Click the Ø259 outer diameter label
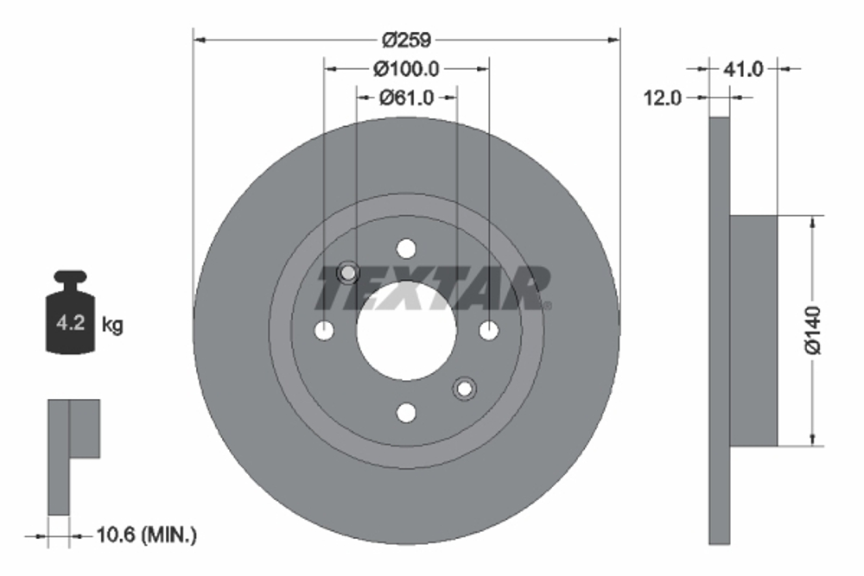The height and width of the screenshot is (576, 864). point(406,40)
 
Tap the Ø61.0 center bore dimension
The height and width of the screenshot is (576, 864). point(406,98)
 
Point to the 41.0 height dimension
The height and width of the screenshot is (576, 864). point(743,69)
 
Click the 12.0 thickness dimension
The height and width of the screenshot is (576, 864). point(663,98)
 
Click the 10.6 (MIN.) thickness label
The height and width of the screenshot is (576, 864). point(146,536)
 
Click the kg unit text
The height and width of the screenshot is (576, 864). point(112,326)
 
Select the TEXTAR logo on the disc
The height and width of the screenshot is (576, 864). point(432,288)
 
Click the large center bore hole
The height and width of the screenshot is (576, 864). point(406,331)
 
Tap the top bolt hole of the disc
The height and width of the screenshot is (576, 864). point(406,249)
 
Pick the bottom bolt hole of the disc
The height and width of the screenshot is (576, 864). point(406,413)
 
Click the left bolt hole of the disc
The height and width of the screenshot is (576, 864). point(324,330)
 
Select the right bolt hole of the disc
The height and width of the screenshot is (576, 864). point(488,330)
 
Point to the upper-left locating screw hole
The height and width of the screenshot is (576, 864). point(347,273)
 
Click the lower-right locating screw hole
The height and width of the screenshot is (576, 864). point(465,389)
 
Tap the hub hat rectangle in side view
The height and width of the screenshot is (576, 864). point(754,330)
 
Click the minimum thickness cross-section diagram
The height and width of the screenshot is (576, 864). point(73,453)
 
